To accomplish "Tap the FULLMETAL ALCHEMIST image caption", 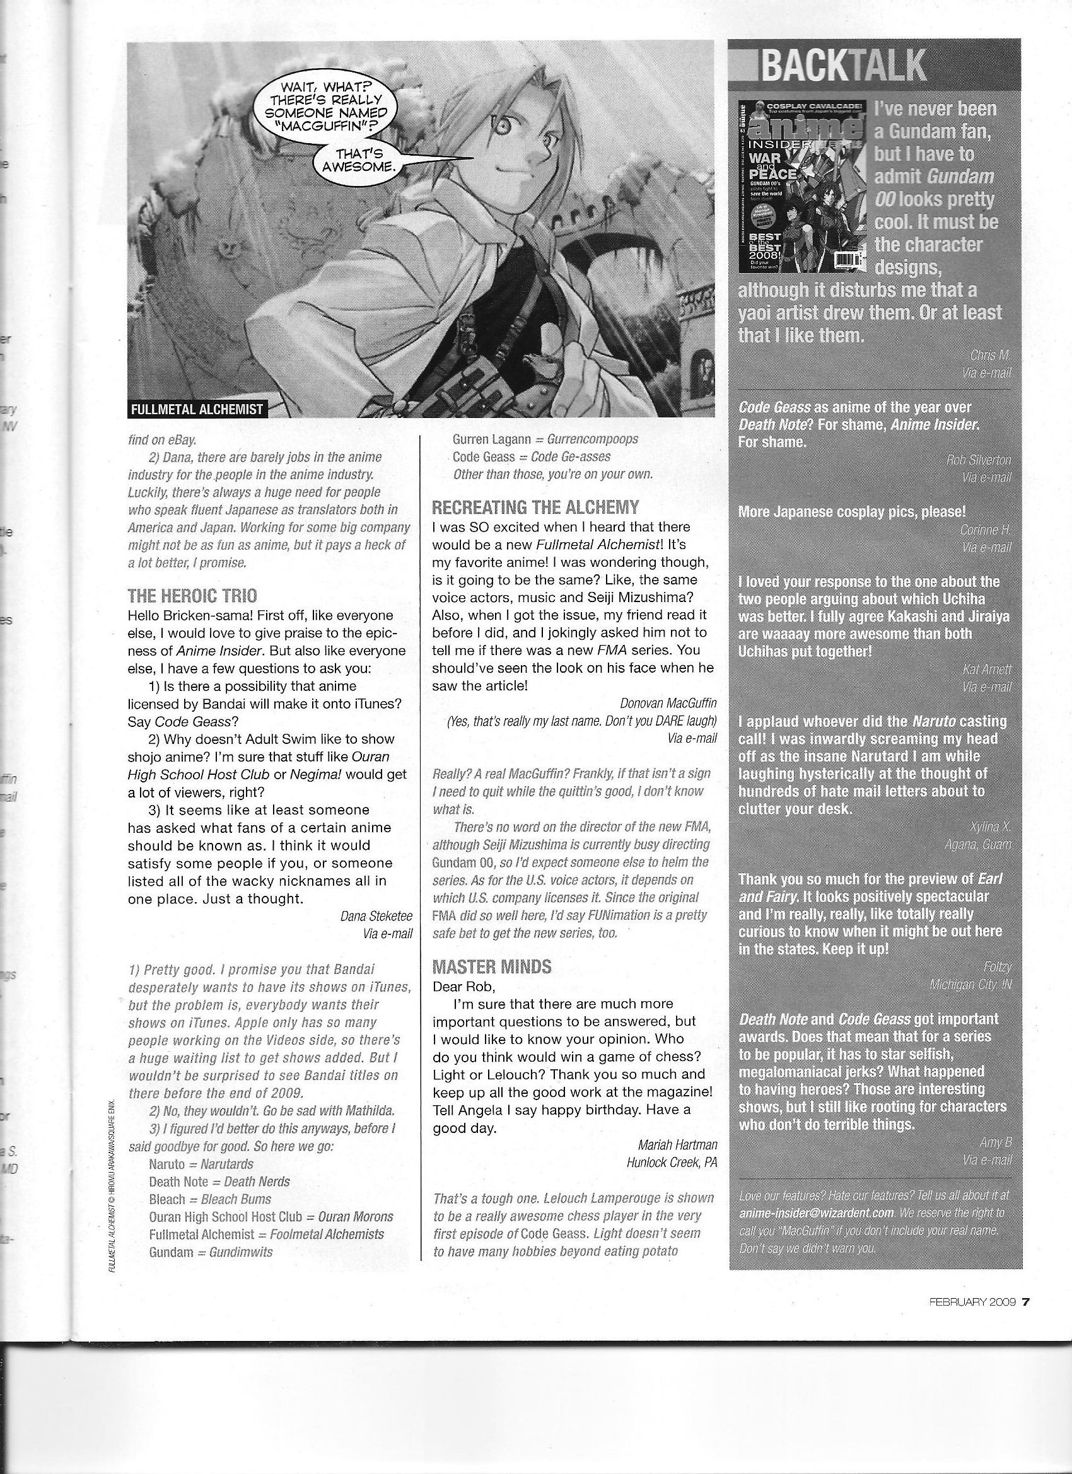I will (197, 409).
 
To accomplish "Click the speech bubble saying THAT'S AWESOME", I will (359, 160).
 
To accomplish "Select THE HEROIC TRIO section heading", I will (192, 595).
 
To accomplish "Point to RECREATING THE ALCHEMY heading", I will (535, 507).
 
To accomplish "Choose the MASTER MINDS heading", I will (491, 966).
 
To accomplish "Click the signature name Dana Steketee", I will (376, 917).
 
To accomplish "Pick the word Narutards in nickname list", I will (227, 1164).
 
